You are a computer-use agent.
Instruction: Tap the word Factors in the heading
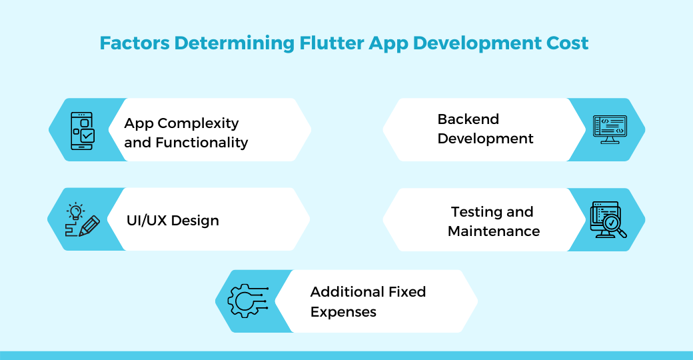[x=135, y=43]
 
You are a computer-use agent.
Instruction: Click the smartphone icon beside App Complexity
[x=83, y=131]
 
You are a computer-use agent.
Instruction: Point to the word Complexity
[x=198, y=123]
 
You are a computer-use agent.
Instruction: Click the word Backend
[x=468, y=119]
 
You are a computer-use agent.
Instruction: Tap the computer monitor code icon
[x=610, y=129]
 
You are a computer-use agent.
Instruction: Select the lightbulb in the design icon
[x=75, y=211]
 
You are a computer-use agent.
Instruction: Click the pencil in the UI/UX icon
[x=90, y=225]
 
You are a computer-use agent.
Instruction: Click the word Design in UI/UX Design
[x=195, y=221]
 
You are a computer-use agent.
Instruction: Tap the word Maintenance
[x=494, y=231]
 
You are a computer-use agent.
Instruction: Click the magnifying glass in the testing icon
[x=615, y=225]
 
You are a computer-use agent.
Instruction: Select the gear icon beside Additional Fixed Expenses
[x=248, y=301]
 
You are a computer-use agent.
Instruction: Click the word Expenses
[x=343, y=312]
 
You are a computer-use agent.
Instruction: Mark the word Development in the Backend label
[x=485, y=139]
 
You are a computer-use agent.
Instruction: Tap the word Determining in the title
[x=235, y=43]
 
